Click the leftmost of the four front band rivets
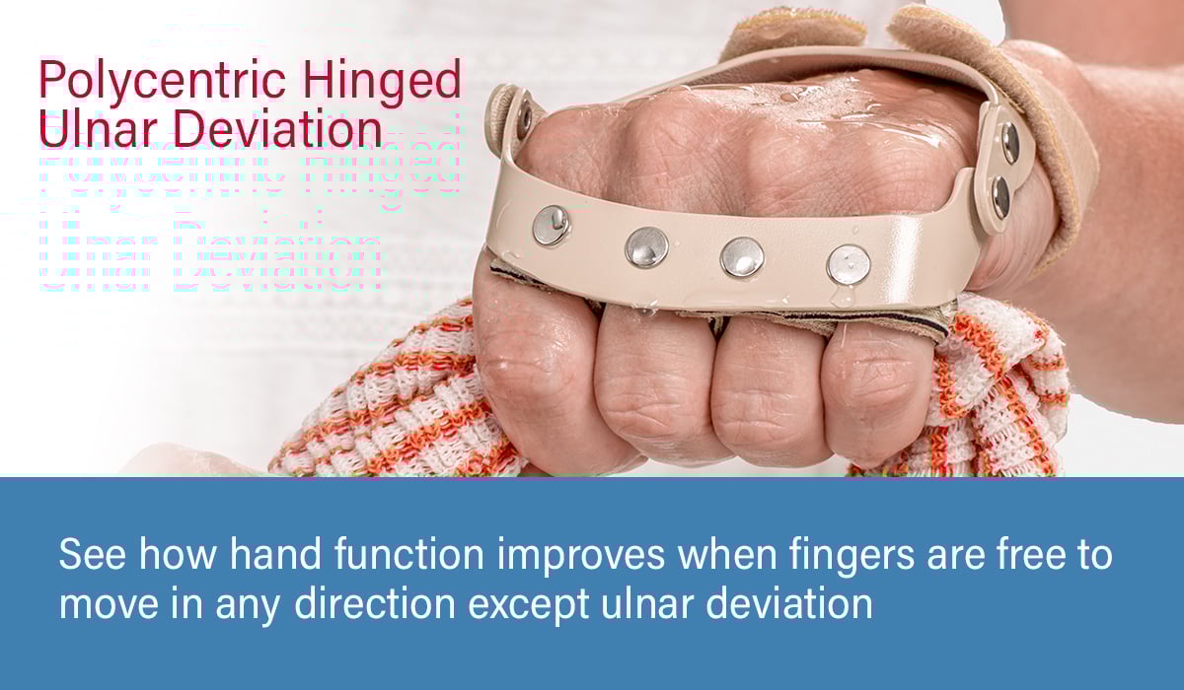[551, 225]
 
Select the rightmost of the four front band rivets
[849, 264]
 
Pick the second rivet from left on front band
[646, 246]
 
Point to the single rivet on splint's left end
[524, 119]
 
